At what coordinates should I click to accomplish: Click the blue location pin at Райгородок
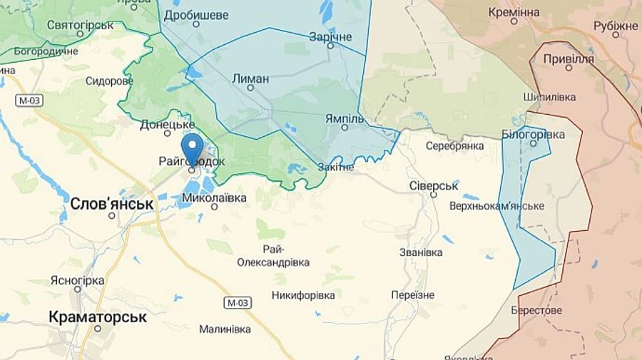click(192, 148)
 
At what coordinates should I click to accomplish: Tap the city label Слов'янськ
click(112, 204)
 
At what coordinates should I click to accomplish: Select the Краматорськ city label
click(98, 317)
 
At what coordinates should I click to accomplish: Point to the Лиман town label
click(250, 78)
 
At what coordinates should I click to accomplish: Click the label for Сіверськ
click(433, 185)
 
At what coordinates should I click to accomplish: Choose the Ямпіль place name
click(344, 118)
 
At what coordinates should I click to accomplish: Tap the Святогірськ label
click(80, 25)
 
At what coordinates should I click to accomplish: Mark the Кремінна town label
click(514, 12)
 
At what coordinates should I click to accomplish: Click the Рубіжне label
click(616, 26)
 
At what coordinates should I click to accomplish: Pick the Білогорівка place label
click(533, 134)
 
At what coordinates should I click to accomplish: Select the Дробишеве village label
click(195, 15)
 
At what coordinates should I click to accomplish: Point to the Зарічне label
click(330, 36)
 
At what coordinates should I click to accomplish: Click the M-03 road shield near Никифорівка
click(238, 303)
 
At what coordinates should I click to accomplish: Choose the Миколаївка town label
click(214, 197)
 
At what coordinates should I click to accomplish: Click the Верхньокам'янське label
click(496, 206)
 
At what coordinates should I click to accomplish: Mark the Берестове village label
click(536, 310)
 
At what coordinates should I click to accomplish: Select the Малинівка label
click(225, 329)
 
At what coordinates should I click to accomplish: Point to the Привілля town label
click(569, 59)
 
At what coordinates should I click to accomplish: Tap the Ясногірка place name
click(77, 280)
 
